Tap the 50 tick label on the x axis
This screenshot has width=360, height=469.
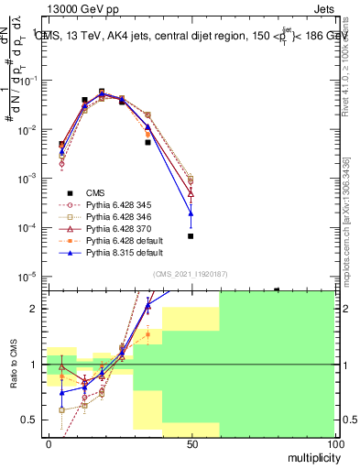(x=191, y=443)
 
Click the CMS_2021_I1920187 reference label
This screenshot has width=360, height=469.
(x=191, y=274)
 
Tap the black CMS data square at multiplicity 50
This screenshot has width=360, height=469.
(x=191, y=236)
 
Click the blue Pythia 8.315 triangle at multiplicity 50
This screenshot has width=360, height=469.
(x=191, y=213)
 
